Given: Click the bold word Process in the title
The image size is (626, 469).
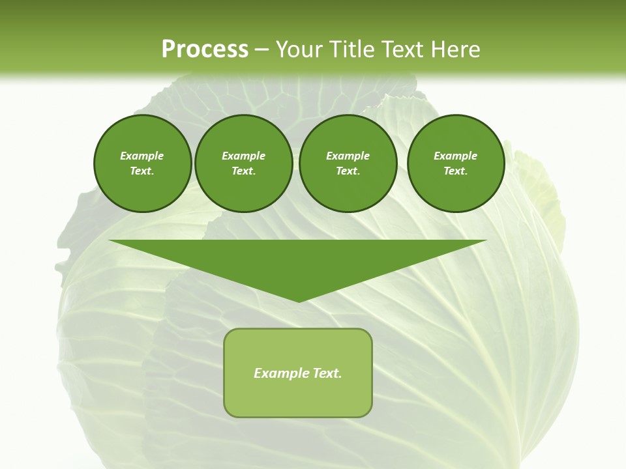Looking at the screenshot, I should click(x=205, y=50).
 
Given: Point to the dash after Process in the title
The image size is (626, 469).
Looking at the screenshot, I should click(x=262, y=50).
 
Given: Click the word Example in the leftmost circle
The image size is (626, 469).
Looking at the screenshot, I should click(x=142, y=156).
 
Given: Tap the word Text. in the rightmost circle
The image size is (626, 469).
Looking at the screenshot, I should click(x=456, y=171).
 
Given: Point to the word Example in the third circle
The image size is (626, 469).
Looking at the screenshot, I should click(x=348, y=156).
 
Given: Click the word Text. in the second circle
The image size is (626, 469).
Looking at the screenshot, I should click(x=244, y=171).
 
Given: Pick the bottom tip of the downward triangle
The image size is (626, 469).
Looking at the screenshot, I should click(x=299, y=300).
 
